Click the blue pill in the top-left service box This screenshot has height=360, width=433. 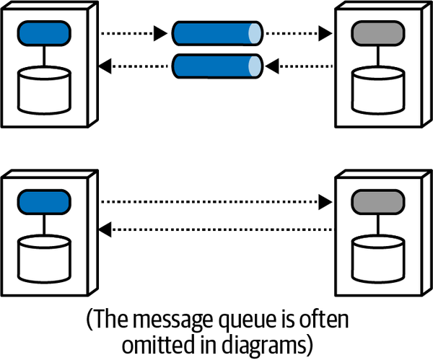(x=45, y=33)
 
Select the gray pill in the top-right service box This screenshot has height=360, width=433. (x=376, y=33)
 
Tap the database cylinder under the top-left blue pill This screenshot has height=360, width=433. (x=45, y=90)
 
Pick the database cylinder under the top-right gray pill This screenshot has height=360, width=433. (x=376, y=90)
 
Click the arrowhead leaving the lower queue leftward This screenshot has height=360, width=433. (x=105, y=66)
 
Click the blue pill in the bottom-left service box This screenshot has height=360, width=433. (x=45, y=201)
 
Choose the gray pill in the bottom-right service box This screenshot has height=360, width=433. (x=376, y=201)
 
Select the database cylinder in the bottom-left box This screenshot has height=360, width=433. (x=45, y=258)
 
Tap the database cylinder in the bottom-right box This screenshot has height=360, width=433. (x=376, y=258)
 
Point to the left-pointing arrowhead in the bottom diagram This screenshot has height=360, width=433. (x=105, y=230)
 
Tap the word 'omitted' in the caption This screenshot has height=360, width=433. (x=153, y=343)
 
